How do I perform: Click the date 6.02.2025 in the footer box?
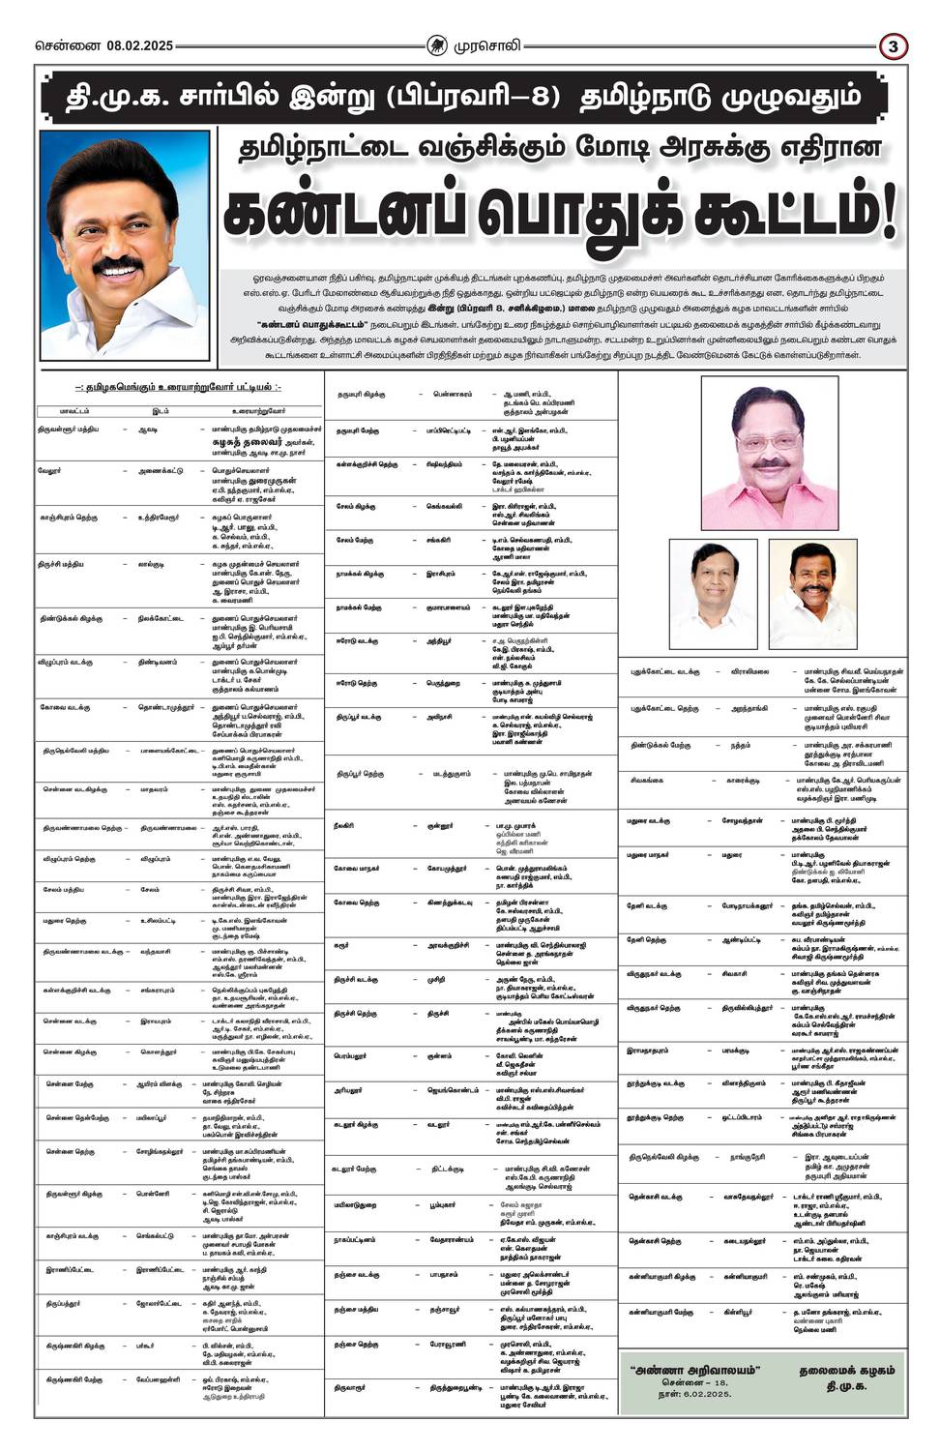702,1399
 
